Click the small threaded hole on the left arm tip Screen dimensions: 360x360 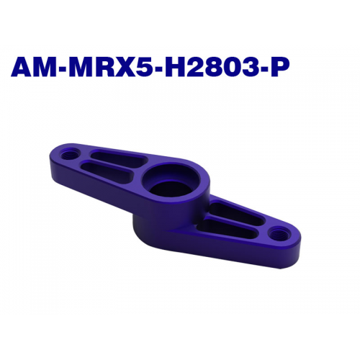pos(69,153)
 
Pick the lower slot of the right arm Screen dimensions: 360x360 pos(226,226)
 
